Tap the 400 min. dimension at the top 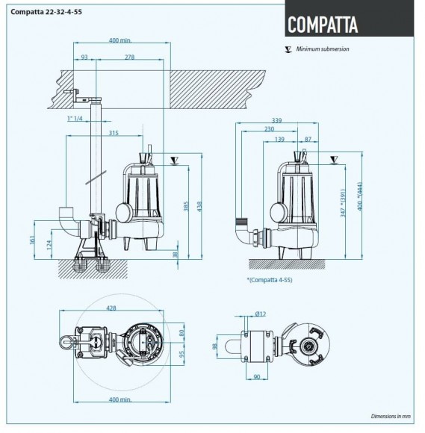119,40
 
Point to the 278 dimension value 130,57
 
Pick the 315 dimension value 114,134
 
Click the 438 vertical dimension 198,205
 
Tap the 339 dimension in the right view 276,119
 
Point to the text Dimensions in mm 391,415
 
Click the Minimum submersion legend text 323,49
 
